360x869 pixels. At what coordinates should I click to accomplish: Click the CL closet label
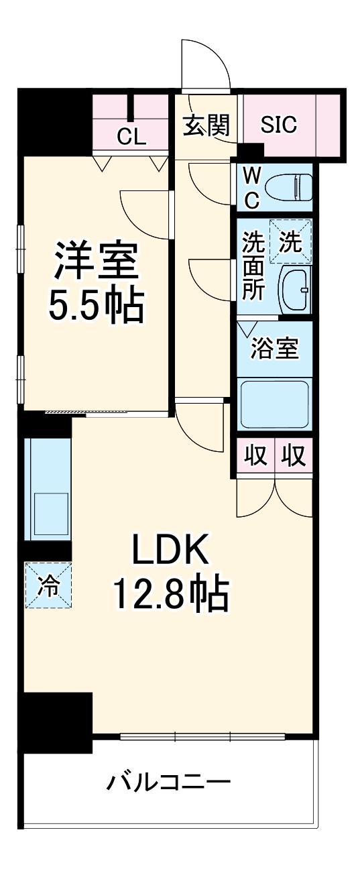[131, 137]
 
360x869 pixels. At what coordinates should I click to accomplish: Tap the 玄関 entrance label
[206, 125]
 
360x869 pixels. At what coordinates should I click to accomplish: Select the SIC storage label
[279, 125]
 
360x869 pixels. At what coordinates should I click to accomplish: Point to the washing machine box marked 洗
[290, 241]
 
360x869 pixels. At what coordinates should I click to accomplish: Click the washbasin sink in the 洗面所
[294, 290]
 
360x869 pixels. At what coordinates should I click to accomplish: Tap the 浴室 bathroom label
[274, 349]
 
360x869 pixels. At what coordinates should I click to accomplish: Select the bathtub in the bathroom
[274, 404]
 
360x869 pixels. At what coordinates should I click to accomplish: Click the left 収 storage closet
[255, 456]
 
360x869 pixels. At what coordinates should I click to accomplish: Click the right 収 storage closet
[293, 456]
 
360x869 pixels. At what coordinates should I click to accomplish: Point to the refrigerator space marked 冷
[48, 585]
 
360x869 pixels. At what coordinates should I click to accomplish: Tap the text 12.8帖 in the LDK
[170, 593]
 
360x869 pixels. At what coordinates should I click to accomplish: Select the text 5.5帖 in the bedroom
[96, 305]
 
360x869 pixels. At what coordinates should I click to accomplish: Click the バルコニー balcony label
[168, 782]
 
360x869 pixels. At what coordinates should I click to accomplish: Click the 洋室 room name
[96, 261]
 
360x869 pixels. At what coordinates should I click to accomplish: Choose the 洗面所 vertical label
[253, 266]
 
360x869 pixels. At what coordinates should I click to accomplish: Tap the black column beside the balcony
[56, 722]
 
